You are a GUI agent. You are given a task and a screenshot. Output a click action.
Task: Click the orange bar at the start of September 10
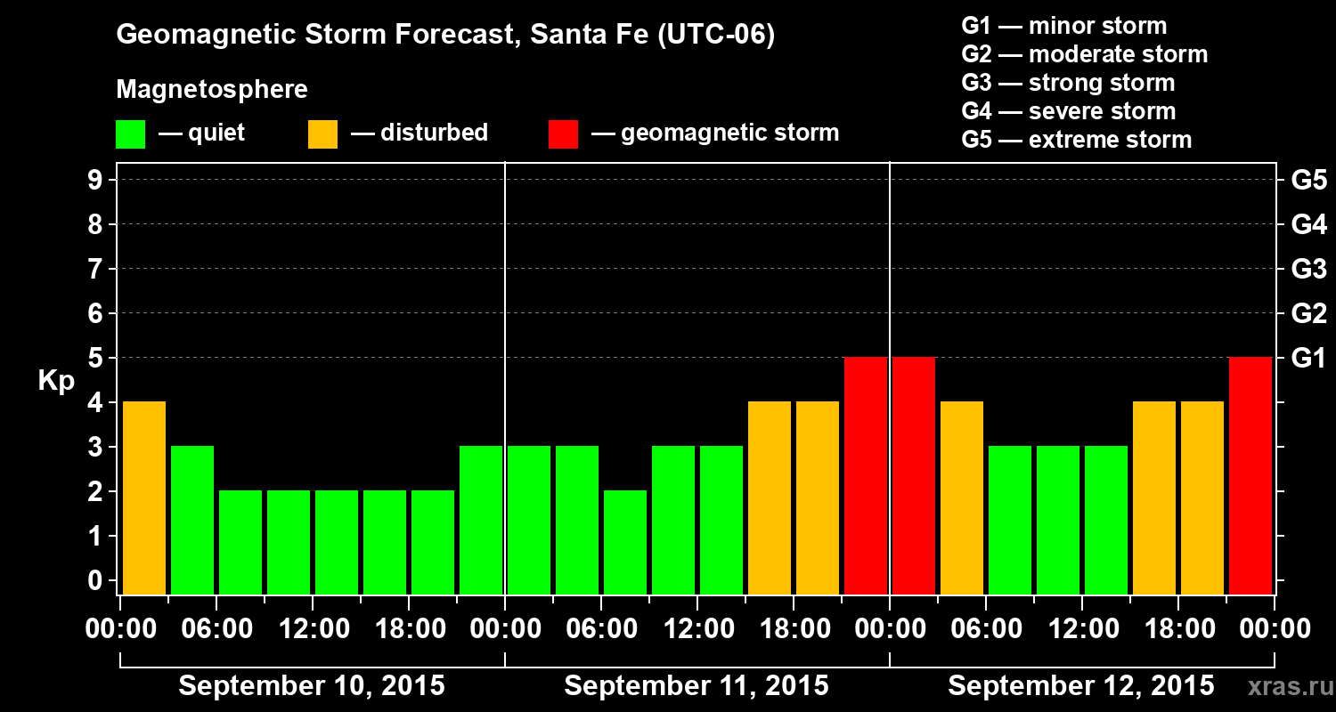[x=144, y=498]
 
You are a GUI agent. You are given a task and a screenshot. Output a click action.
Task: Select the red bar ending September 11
[x=866, y=475]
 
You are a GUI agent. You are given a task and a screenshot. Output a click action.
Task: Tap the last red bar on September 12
[x=1250, y=475]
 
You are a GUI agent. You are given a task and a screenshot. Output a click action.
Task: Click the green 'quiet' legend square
[x=130, y=134]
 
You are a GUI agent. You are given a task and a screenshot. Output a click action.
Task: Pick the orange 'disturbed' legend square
[x=322, y=134]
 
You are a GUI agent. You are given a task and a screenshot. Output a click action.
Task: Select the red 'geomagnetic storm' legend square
[x=564, y=134]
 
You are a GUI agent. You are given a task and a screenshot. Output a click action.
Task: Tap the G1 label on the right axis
[x=1308, y=359]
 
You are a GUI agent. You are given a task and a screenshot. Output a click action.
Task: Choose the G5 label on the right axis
[x=1308, y=181]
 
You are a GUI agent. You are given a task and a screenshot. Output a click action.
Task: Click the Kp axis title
[x=56, y=381]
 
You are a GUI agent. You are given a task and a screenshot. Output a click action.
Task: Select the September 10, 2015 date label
[x=312, y=686]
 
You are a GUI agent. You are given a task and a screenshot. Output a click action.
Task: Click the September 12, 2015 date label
[x=1080, y=686]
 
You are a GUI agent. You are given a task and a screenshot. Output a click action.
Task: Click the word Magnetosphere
[x=212, y=90]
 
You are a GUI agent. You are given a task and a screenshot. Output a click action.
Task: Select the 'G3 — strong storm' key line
[x=1068, y=83]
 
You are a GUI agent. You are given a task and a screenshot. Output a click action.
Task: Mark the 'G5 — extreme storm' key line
[x=1076, y=140]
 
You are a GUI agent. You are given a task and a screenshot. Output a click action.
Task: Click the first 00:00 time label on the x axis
[x=120, y=629]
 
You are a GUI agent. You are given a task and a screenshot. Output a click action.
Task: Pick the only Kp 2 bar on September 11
[x=625, y=542]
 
